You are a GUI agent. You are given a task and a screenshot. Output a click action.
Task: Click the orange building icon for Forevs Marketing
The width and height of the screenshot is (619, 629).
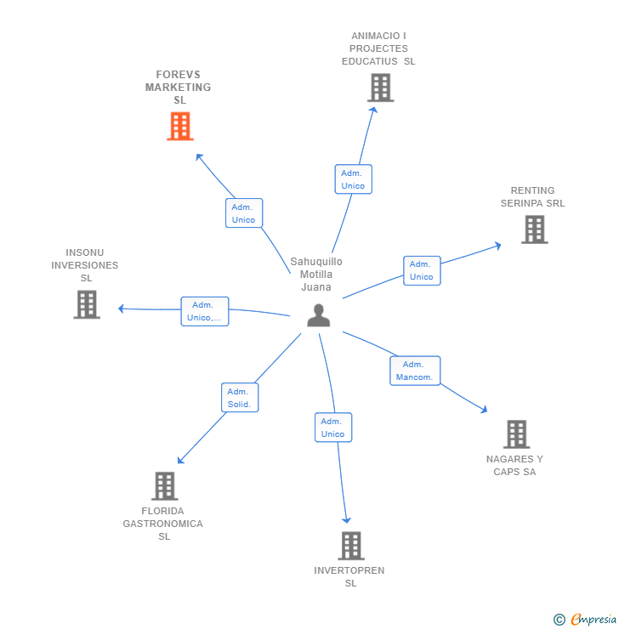coord(180,126)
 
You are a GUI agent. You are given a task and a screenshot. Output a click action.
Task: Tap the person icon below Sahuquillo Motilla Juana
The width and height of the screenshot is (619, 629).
coord(318,315)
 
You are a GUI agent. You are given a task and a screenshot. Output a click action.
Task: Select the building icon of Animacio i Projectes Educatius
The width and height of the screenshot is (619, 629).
coord(380,88)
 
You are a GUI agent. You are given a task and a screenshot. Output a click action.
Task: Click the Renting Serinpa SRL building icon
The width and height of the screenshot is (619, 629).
coord(534,229)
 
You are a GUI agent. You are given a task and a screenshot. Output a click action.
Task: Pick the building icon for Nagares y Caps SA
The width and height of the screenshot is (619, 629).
coord(516,434)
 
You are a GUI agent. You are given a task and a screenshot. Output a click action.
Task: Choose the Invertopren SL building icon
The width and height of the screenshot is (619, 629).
coord(350,546)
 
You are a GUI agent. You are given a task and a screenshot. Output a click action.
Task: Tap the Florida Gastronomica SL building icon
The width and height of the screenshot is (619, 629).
coord(164,486)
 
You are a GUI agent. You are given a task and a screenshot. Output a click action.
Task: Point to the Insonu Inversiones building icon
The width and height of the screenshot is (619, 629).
coord(86,304)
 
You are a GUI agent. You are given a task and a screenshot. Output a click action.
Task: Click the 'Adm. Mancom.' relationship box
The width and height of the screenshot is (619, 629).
coord(415,371)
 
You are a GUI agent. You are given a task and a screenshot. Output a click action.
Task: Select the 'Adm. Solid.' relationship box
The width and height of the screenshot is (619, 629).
coord(240,398)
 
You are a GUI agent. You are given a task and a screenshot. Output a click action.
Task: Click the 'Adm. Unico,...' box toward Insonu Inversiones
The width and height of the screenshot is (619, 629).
coord(204,311)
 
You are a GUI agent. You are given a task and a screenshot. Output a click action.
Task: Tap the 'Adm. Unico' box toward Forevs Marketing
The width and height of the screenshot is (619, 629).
coord(244,213)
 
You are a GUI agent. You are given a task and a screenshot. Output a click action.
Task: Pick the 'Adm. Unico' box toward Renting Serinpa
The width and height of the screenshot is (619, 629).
coord(422,270)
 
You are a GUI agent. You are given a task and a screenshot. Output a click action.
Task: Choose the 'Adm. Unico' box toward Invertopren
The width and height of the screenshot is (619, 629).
coord(333,428)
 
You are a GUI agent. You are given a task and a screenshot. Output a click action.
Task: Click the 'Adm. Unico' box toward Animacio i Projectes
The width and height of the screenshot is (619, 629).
coord(353,179)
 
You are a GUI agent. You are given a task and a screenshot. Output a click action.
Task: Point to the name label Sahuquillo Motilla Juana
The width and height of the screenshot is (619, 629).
coord(316,275)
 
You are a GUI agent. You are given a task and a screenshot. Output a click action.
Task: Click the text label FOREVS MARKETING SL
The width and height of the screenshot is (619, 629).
coord(179,88)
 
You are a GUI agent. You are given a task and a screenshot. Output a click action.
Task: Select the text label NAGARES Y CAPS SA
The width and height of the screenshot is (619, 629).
coord(514,465)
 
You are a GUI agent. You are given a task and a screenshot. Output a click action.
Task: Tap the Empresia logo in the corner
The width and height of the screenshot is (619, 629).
coord(585,620)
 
